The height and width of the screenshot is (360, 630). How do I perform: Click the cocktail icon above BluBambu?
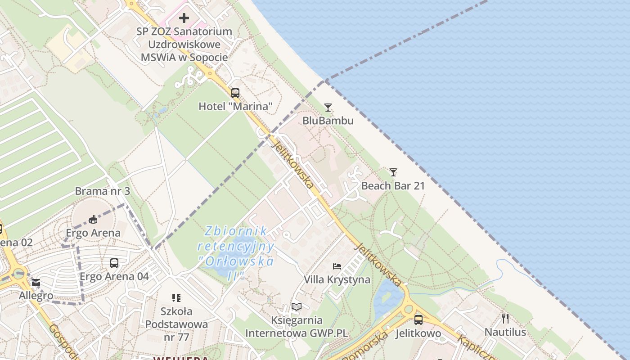328,108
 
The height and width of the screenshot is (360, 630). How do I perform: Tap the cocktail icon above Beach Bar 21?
393,172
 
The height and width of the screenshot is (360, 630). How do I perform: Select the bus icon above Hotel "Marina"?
235,93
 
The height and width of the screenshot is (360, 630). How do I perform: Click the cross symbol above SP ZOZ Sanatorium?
184,18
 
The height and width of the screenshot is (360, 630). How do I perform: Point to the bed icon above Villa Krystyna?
337,266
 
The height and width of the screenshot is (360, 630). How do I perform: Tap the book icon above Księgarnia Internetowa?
296,307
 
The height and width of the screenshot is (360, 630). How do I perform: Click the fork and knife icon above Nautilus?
505,319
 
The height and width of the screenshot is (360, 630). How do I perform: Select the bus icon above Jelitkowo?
418,320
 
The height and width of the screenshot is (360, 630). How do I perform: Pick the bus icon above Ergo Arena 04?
114,263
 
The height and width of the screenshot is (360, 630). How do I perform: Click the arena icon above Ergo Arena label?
93,220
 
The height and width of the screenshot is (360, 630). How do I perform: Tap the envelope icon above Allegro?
36,283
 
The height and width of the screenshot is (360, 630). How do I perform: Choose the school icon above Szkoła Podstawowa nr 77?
176,298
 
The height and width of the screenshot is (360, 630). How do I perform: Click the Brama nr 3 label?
102,191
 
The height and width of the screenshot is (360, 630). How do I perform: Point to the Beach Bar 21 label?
393,185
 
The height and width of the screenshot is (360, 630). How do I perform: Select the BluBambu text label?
328,121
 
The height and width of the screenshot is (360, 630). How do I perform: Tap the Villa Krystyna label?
337,279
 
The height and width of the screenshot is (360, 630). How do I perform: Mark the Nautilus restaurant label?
505,332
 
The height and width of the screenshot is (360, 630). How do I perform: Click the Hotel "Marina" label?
235,106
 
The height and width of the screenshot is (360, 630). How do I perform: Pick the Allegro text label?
36,296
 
